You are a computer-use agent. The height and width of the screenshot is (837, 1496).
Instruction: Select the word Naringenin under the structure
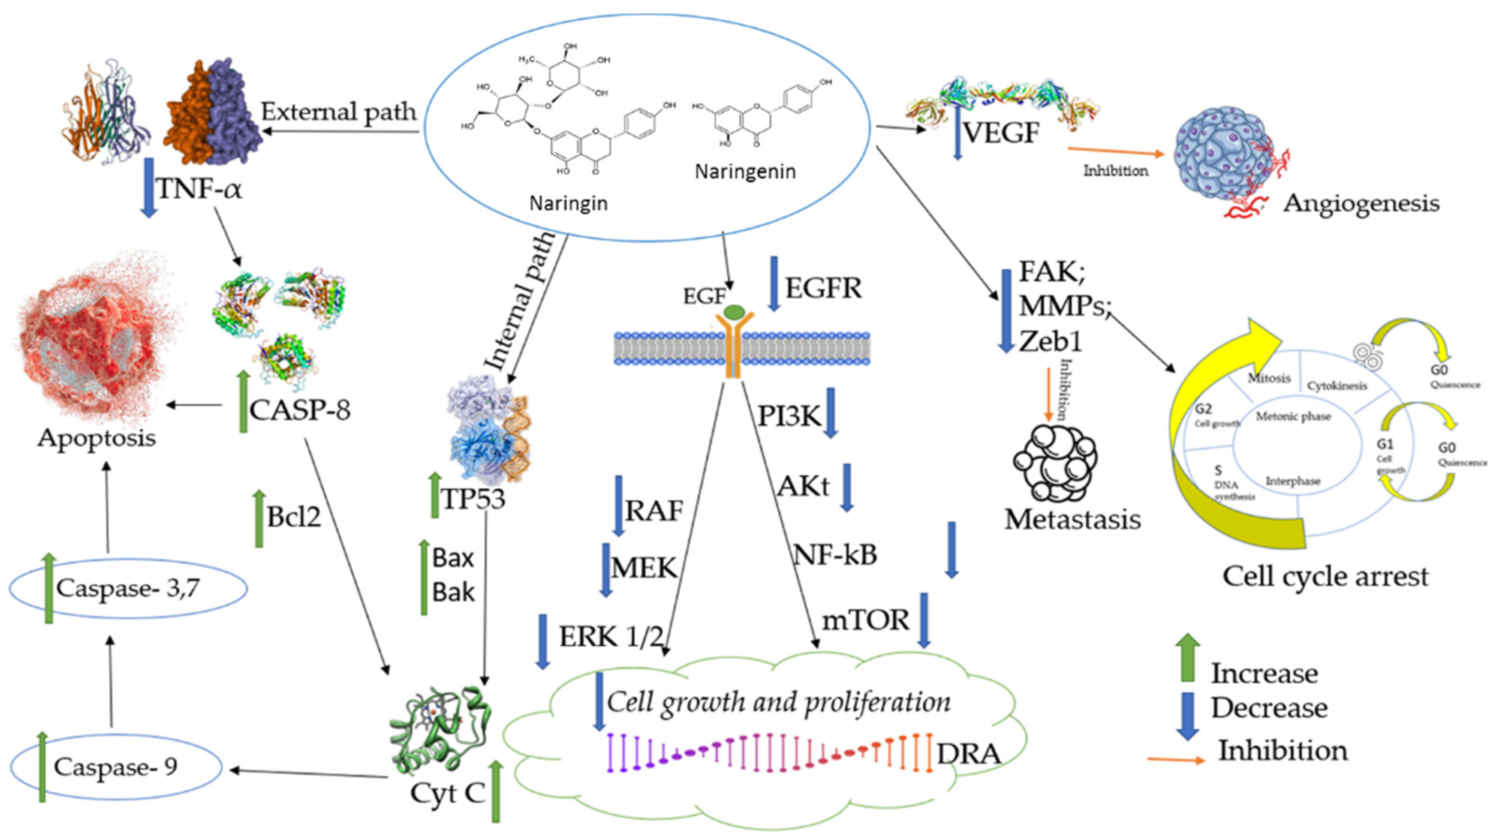point(745,172)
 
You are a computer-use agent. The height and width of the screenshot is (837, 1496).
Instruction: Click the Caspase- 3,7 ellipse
point(128,588)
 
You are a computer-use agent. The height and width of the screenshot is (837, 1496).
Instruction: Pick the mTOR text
point(865,620)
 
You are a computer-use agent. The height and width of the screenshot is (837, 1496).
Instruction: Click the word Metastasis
point(1072,519)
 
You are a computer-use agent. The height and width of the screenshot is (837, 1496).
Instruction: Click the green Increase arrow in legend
point(1187,657)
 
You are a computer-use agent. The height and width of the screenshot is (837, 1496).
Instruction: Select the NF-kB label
point(835,555)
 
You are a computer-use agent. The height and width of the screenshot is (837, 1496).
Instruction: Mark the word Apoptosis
point(96,437)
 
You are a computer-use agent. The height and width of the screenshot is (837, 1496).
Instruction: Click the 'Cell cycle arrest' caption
point(1325,577)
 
